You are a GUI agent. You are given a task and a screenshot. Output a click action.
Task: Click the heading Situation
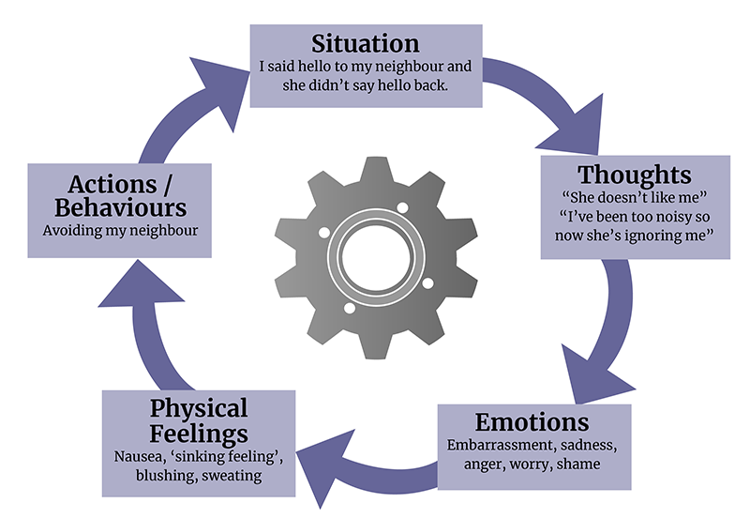[366, 43]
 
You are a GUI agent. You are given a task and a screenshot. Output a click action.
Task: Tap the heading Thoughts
[635, 175]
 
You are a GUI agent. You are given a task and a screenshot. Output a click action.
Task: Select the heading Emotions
[532, 420]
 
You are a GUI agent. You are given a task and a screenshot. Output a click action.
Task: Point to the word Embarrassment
[497, 443]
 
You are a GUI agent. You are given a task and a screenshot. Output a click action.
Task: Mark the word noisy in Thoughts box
[650, 217]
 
